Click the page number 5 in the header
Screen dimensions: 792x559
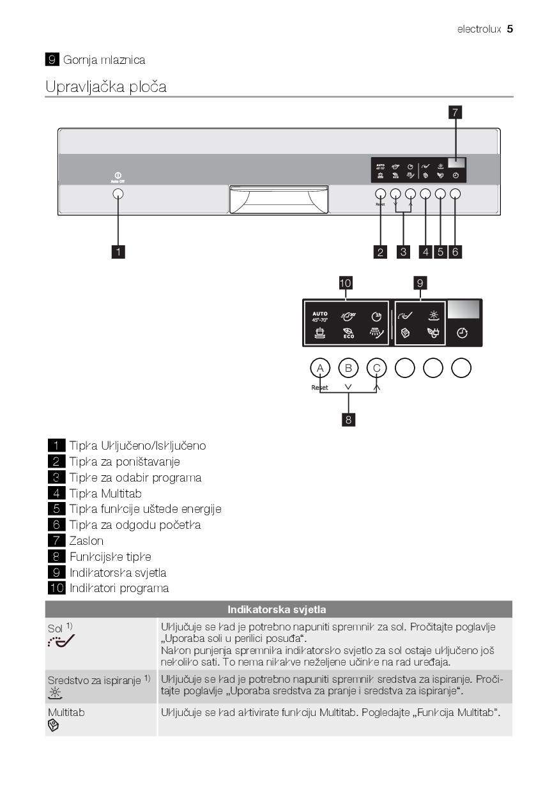510,29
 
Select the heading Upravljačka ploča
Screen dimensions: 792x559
106,86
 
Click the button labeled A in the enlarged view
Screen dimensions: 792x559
320,368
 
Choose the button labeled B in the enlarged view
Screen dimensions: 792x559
348,368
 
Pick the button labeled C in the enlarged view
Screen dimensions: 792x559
376,368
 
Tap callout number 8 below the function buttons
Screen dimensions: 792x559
349,419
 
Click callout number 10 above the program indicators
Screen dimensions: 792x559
346,282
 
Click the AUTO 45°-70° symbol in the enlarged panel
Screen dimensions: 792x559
320,316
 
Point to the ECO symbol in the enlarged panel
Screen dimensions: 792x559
349,333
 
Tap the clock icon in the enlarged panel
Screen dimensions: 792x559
461,333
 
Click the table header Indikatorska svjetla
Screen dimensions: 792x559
279,609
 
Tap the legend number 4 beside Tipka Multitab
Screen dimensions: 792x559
56,493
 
